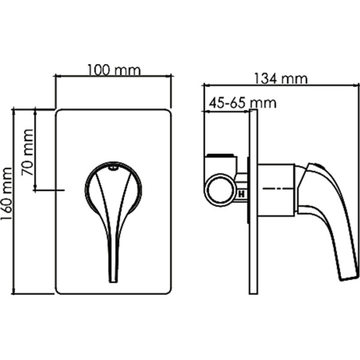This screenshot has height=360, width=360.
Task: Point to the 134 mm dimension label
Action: pyautogui.click(x=280, y=79)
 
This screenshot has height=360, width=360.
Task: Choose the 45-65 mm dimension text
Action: pyautogui.click(x=242, y=103)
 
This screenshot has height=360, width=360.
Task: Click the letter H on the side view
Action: pyautogui.click(x=242, y=194)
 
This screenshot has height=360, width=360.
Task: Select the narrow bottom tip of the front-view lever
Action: pyautogui.click(x=113, y=277)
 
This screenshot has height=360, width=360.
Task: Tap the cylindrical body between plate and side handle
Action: pyautogui.click(x=276, y=189)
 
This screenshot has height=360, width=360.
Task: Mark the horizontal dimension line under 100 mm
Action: pyautogui.click(x=113, y=76)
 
